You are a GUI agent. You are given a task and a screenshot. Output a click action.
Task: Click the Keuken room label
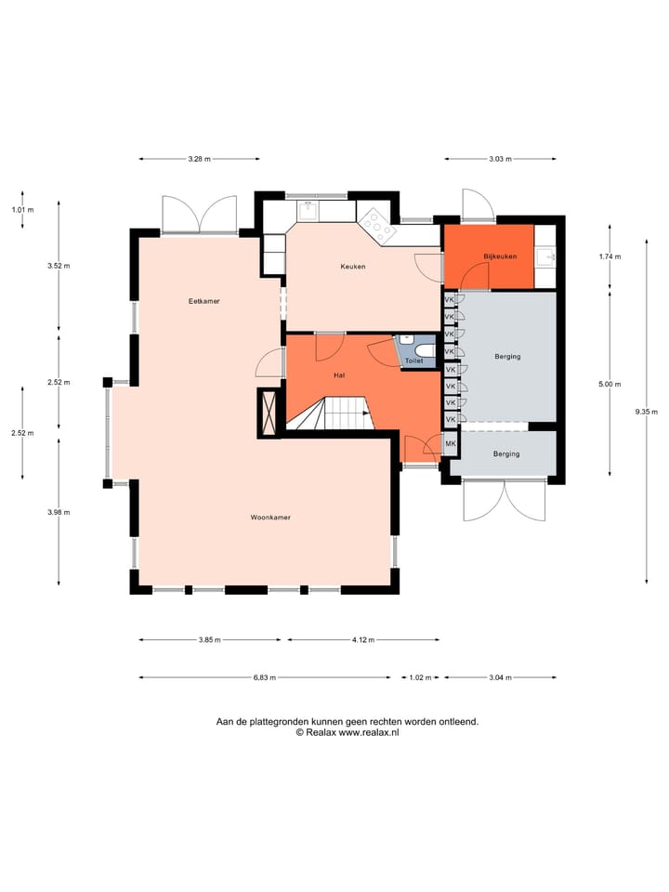click(353, 267)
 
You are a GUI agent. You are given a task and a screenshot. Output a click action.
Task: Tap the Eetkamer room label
click(203, 301)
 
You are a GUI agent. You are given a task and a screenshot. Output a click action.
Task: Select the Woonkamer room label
click(270, 517)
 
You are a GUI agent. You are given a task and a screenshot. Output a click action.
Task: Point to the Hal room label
click(340, 375)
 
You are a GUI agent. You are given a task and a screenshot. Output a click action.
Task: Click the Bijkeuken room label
click(499, 256)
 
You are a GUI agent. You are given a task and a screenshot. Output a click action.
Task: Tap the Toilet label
click(414, 361)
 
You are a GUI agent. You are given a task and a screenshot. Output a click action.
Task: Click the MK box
click(451, 444)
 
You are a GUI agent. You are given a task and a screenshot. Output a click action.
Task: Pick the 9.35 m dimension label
click(647, 412)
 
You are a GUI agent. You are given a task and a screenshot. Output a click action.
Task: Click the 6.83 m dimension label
click(266, 677)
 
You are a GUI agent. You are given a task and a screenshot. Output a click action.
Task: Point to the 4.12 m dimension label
click(362, 639)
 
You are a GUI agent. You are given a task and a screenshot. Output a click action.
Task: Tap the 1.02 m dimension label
click(420, 677)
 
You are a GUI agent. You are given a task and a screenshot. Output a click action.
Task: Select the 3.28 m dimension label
click(198, 159)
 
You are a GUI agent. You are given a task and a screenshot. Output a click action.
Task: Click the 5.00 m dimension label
click(610, 384)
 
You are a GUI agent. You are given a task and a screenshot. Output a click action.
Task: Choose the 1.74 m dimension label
click(610, 256)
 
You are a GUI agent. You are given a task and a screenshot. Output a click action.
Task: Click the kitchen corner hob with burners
click(375, 224)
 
